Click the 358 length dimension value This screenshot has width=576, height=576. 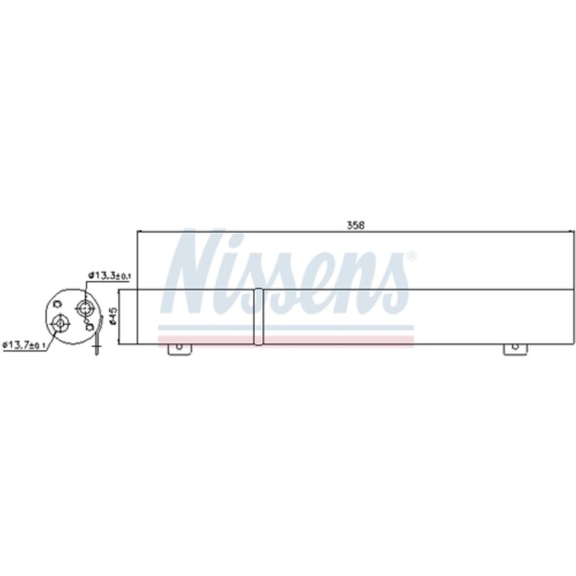tap(355, 225)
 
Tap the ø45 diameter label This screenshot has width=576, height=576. tap(113, 316)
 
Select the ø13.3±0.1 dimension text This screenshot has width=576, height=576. tap(109, 275)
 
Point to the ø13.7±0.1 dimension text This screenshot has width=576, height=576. tap(24, 345)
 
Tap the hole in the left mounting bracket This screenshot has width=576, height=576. tap(179, 346)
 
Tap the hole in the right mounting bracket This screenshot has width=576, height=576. tap(515, 346)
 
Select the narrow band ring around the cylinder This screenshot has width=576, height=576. tap(259, 317)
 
